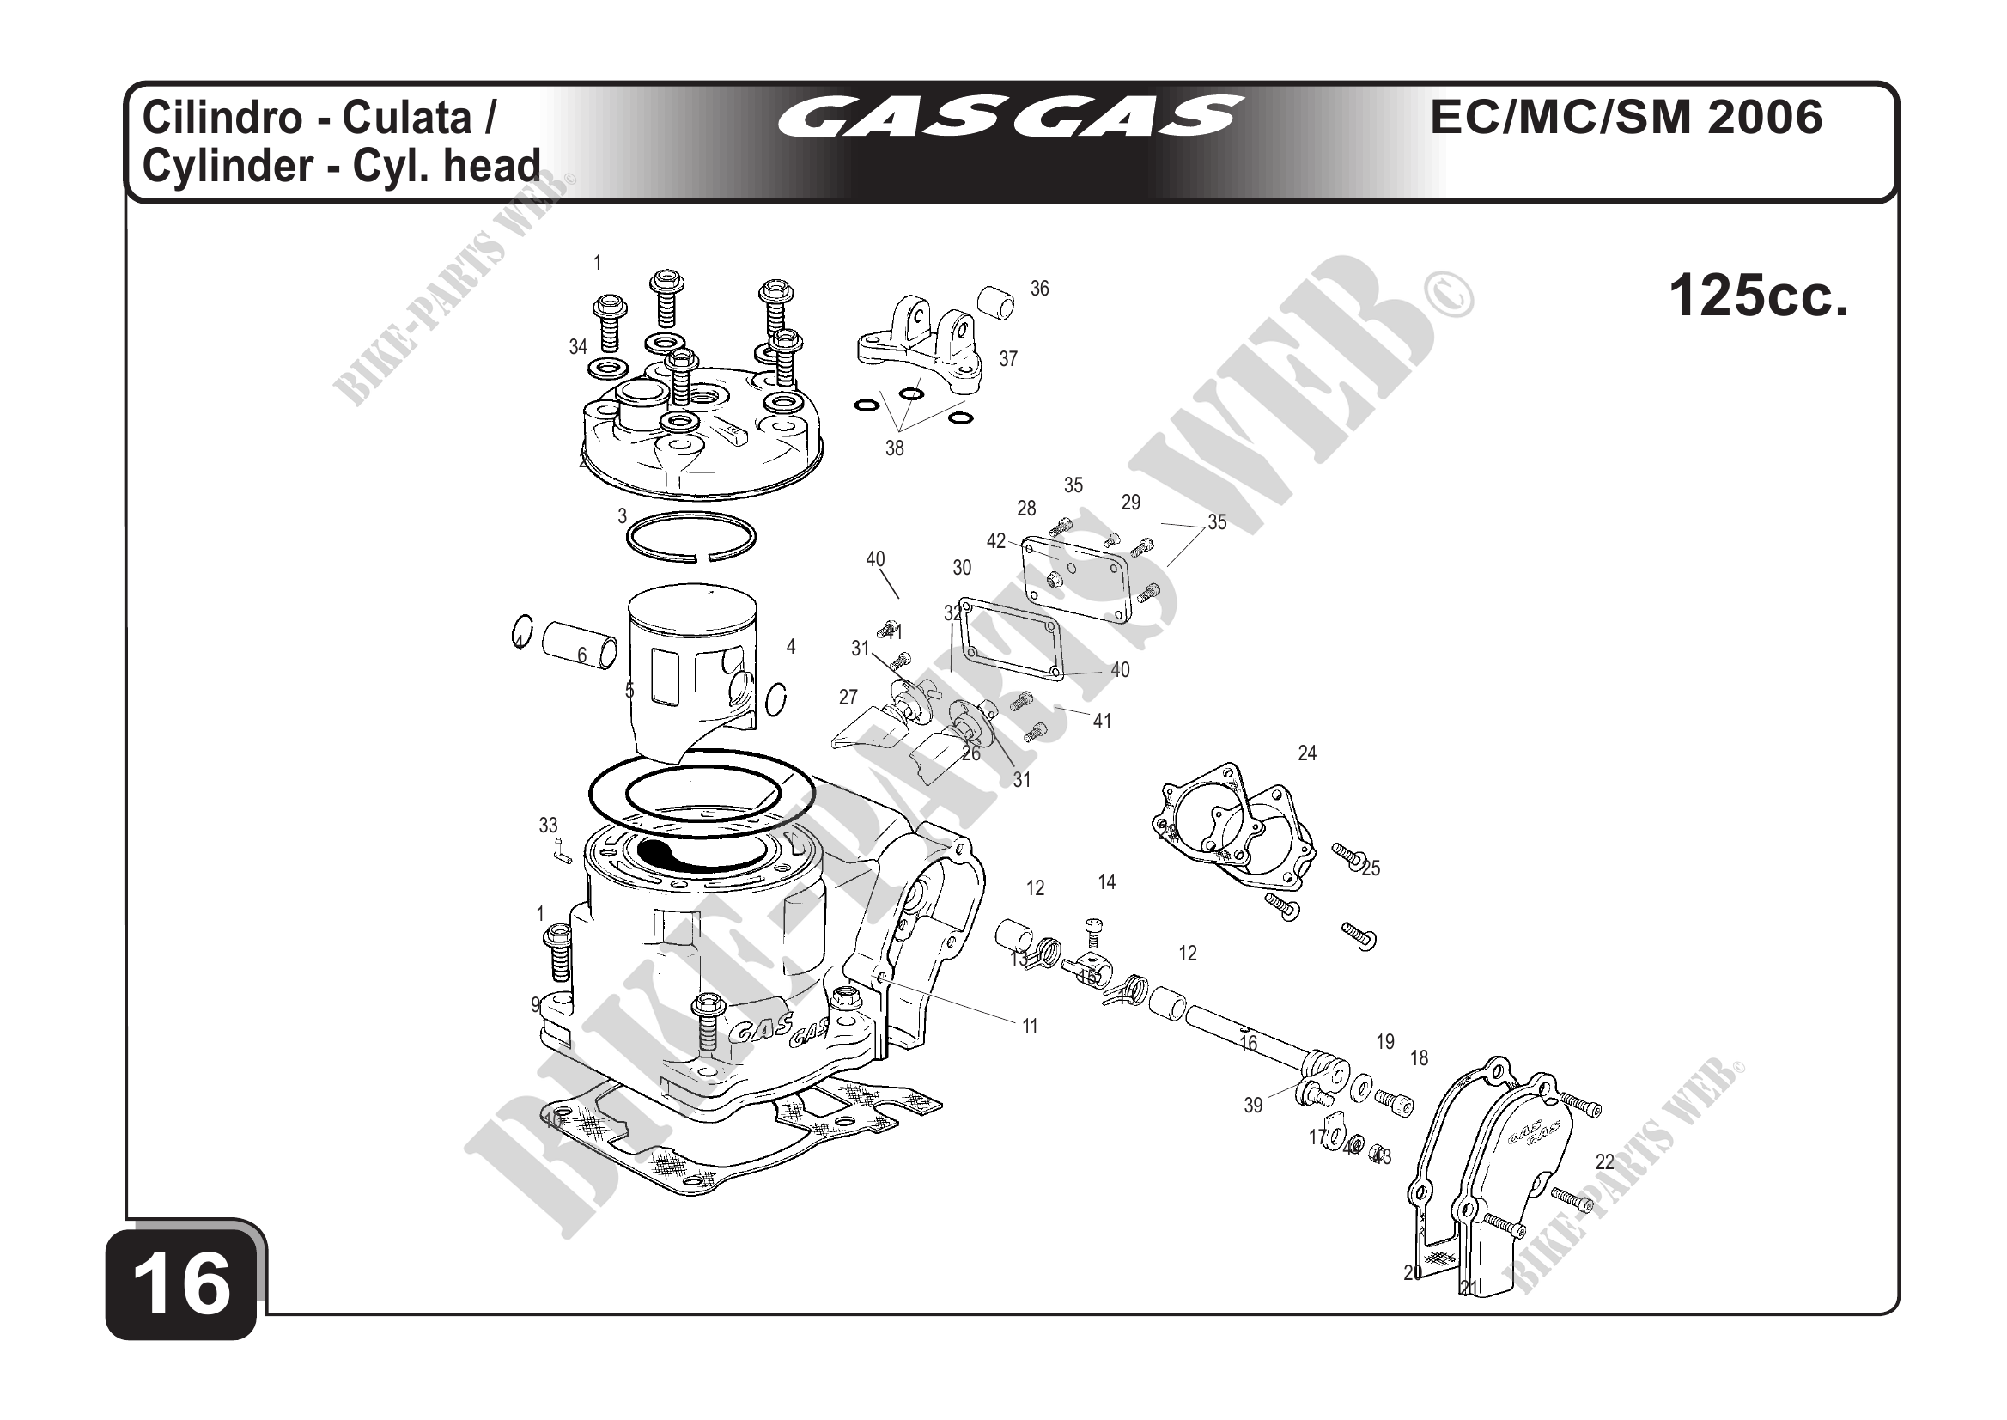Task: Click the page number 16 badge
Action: point(182,1286)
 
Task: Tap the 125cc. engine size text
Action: point(1758,296)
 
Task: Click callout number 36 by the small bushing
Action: point(1038,289)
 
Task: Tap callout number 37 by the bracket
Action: point(1008,358)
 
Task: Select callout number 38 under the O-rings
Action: point(894,448)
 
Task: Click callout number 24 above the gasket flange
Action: point(1307,753)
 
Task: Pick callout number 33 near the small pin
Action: point(548,825)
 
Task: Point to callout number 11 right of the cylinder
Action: point(1030,1027)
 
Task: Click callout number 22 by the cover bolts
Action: point(1604,1162)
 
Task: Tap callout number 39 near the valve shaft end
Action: point(1253,1106)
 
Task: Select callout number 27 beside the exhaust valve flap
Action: point(848,697)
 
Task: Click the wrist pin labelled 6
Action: point(579,644)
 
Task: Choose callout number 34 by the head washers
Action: point(578,347)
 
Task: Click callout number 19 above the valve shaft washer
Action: point(1384,1041)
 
